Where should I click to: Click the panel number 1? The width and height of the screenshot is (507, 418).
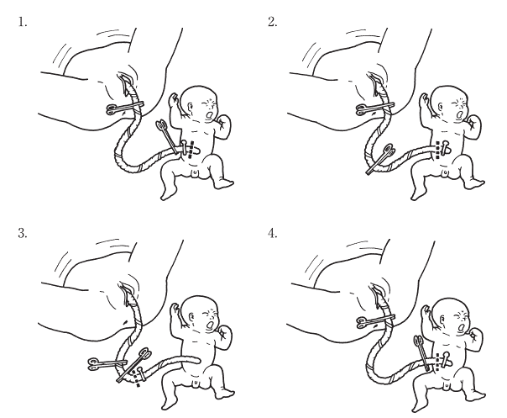coord(22,22)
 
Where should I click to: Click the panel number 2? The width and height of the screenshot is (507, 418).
coord(272,22)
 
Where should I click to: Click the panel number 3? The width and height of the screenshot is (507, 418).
coord(23,233)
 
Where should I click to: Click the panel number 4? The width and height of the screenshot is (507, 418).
coord(272,233)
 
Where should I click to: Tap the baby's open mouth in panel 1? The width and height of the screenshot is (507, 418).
coord(210,114)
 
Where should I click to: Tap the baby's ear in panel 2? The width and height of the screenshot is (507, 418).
coord(441,107)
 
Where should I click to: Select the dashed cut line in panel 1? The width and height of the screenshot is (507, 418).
coord(191,150)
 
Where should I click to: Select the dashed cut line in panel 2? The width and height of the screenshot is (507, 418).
coord(438,150)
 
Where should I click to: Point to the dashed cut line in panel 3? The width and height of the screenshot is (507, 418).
coord(137,377)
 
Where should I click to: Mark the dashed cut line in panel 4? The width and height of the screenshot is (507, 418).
coord(438,362)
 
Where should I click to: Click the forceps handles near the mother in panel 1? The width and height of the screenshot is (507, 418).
coord(112,108)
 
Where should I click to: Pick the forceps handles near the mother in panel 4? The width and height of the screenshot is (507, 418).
coord(363,322)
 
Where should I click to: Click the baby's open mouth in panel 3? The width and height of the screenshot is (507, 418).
coord(210,325)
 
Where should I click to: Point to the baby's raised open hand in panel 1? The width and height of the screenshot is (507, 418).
coord(174,99)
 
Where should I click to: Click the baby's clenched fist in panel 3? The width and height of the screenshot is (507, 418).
coord(224,334)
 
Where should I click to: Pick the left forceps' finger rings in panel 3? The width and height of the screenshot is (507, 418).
coord(94,364)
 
